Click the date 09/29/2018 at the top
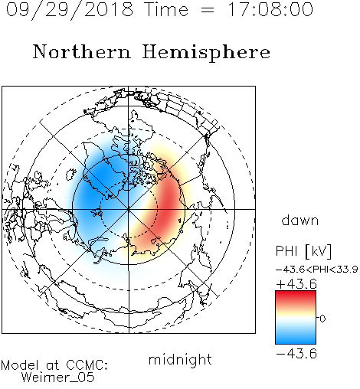click(x=70, y=10)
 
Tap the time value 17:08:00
click(x=270, y=10)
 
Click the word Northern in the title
click(x=82, y=52)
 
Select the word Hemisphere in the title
click(x=206, y=53)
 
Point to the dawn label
click(x=300, y=221)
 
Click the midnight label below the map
click(x=180, y=360)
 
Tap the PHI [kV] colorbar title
click(x=303, y=251)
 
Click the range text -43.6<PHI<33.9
click(x=316, y=270)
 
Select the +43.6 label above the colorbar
click(x=296, y=284)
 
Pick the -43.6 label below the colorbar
click(x=296, y=354)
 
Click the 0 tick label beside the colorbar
click(x=322, y=319)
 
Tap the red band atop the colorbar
click(x=296, y=296)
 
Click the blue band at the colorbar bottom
click(x=296, y=339)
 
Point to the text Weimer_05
click(x=58, y=378)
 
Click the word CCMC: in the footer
click(x=87, y=365)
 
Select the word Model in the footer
click(x=20, y=365)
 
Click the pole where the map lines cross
click(x=129, y=209)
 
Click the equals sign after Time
click(x=208, y=10)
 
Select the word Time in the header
click(x=166, y=10)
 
